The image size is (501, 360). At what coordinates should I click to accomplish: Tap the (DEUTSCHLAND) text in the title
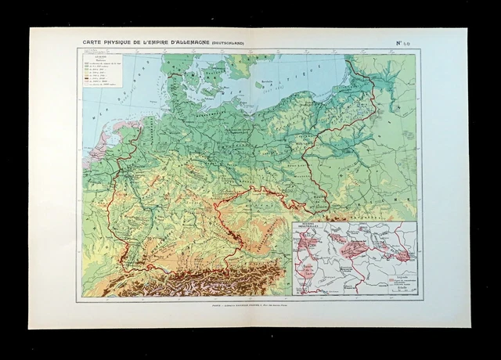(x=225, y=44)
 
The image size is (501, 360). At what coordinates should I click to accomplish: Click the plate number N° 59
(x=410, y=43)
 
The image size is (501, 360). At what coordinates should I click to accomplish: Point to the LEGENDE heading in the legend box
(x=92, y=57)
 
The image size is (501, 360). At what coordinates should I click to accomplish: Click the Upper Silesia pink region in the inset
(x=404, y=255)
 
